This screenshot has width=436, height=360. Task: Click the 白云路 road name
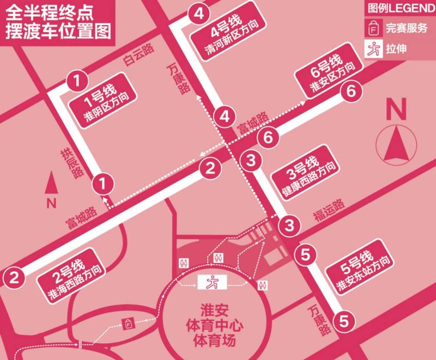[x=138, y=56]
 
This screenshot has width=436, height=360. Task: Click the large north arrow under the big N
[x=396, y=143]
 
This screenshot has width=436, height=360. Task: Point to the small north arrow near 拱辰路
[x=52, y=185]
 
